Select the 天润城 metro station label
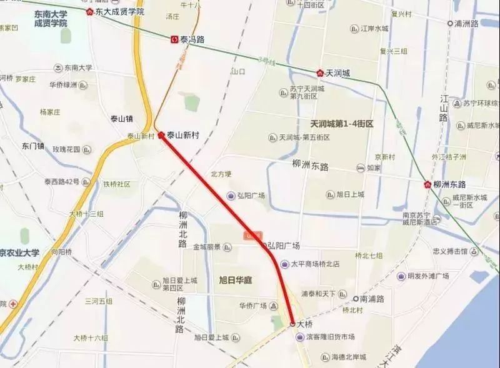(337, 73)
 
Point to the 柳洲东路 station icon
(427, 184)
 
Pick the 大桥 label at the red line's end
(304, 324)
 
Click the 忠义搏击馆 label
(450, 251)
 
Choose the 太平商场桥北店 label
(315, 264)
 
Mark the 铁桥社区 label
(116, 184)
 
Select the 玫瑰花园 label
(67, 149)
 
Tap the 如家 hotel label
(373, 168)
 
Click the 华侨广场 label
(252, 306)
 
